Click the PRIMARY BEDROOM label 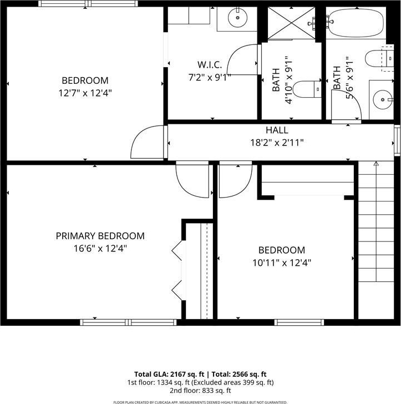[x=100, y=236]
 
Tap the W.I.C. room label [x=210, y=65]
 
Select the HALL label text [x=277, y=130]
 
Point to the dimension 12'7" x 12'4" [x=85, y=93]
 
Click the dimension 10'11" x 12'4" [x=282, y=263]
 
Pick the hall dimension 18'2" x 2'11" [x=277, y=143]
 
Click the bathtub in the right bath [x=356, y=23]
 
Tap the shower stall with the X [x=291, y=23]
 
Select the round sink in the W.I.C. [x=238, y=18]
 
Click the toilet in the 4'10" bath [x=307, y=89]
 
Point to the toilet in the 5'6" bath [x=379, y=58]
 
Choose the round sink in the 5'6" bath [x=383, y=99]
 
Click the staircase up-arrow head [x=376, y=163]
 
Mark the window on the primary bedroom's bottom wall [x=128, y=322]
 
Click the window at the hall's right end [x=397, y=140]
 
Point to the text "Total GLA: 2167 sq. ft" [x=169, y=374]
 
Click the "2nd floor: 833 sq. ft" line [x=200, y=391]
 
